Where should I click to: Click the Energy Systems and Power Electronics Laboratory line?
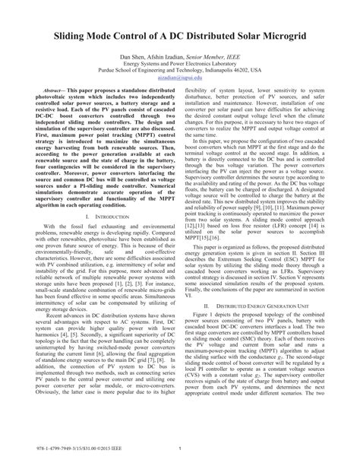click(180, 65)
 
